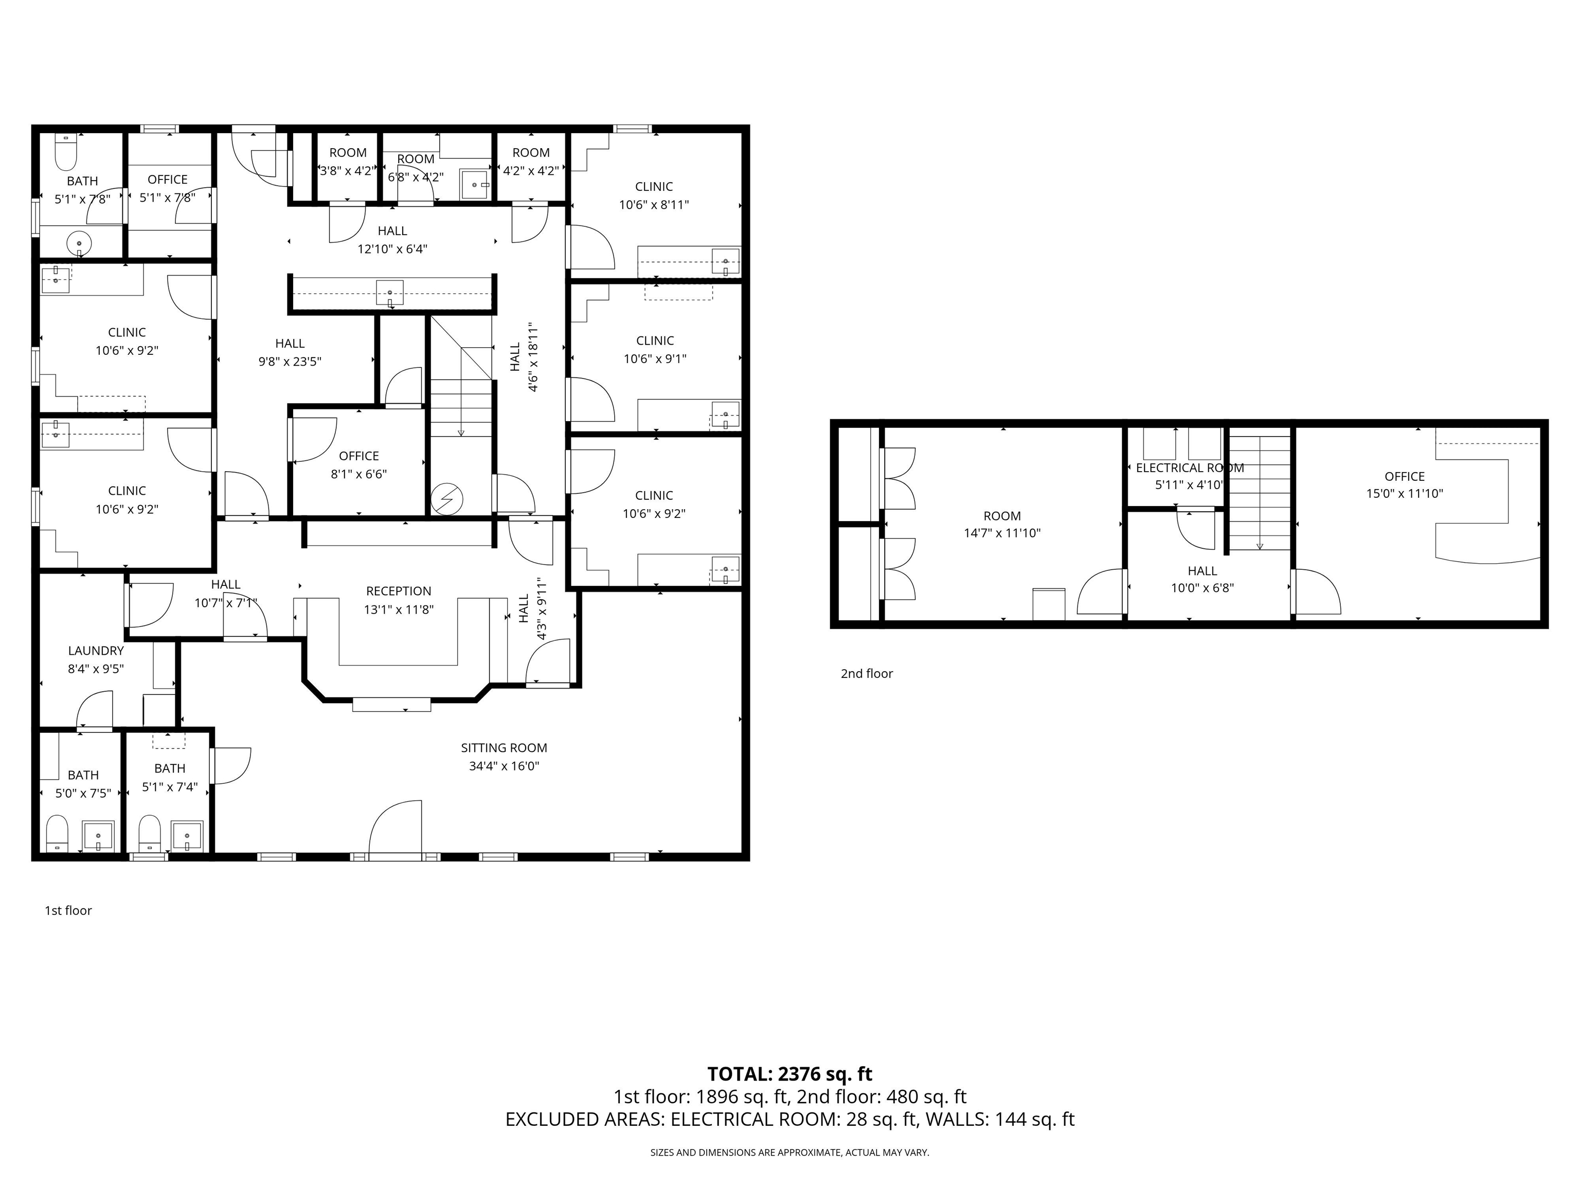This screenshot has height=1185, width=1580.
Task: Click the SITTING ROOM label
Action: coord(504,748)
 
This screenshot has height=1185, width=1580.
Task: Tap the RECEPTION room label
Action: coord(399,591)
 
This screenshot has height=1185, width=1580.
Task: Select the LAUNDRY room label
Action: coord(96,651)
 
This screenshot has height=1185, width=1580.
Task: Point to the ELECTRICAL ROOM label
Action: coord(1189,468)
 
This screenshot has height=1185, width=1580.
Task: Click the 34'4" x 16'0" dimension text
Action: coord(504,766)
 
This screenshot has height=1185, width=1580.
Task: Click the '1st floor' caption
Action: coord(68,911)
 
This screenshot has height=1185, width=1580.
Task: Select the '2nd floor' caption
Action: coord(867,674)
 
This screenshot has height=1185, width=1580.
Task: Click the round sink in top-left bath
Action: coord(79,244)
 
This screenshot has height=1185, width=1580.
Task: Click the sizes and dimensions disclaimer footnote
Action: coord(789,1152)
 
